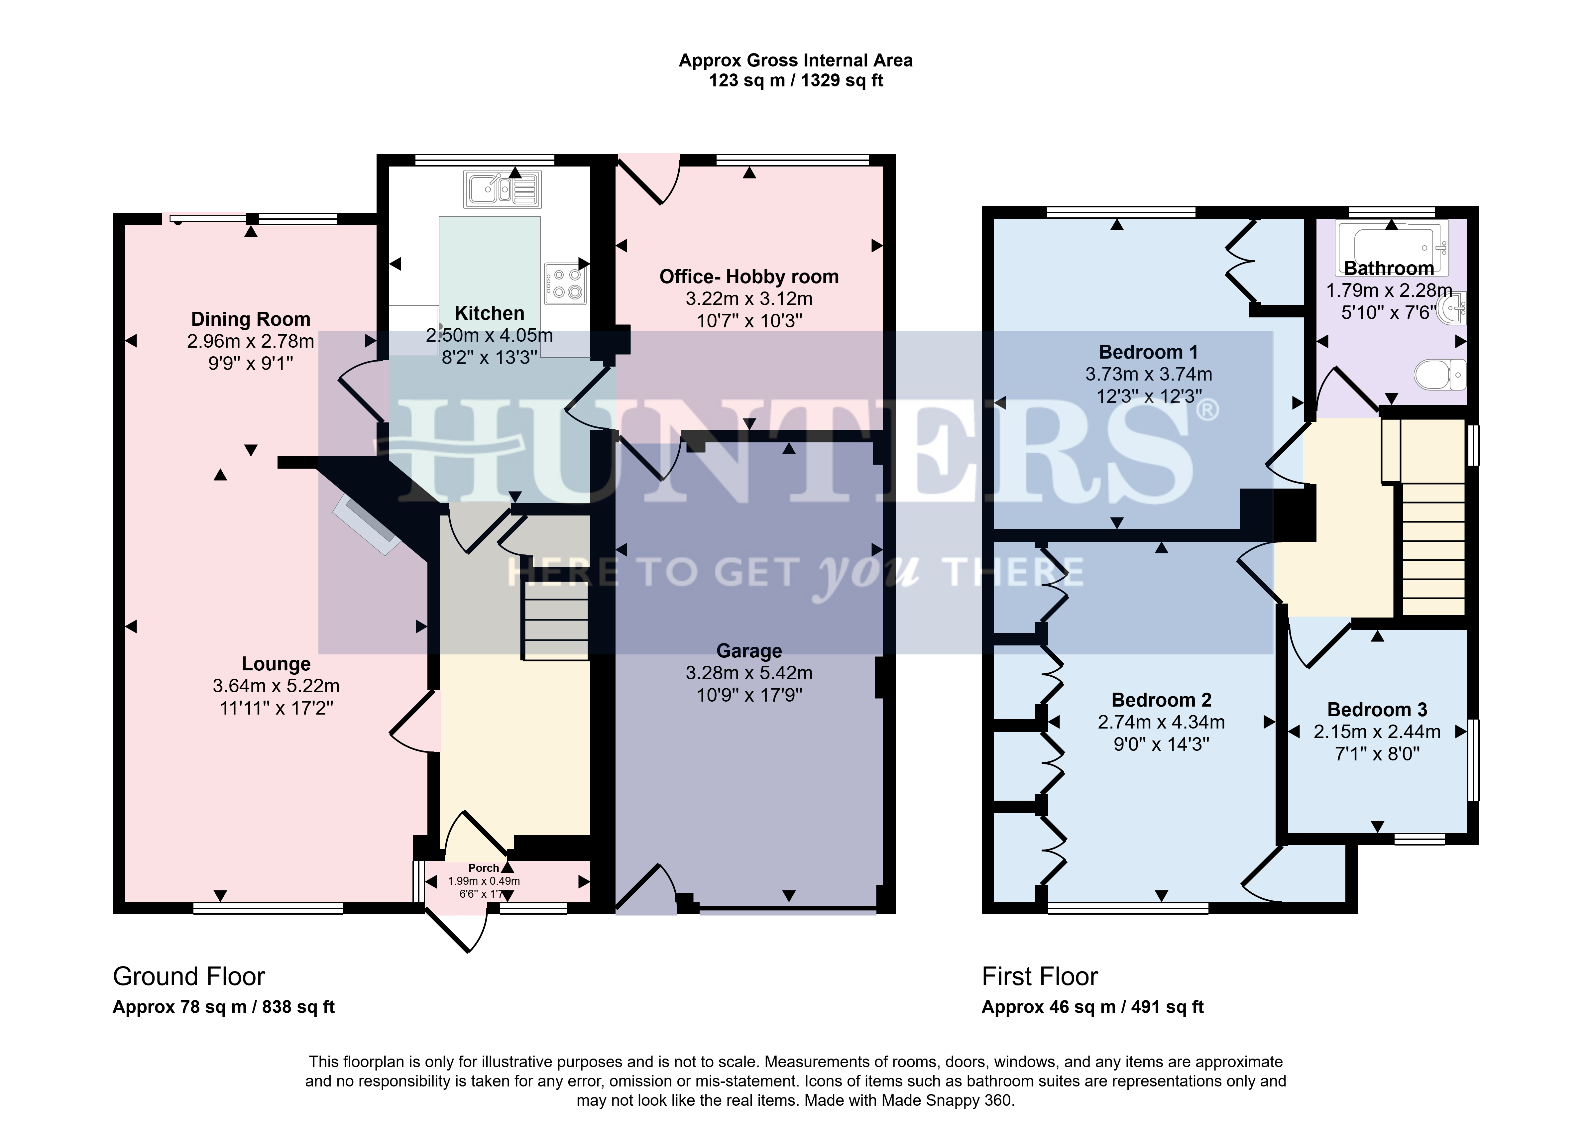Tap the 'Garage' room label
[x=749, y=651]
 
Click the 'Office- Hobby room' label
[x=749, y=277]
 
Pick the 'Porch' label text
[x=484, y=868]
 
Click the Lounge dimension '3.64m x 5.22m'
[x=276, y=686]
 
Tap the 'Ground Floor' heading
[x=189, y=976]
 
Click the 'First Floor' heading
[x=1040, y=976]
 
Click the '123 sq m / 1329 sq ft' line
[x=796, y=80]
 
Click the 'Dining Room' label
[x=251, y=319]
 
